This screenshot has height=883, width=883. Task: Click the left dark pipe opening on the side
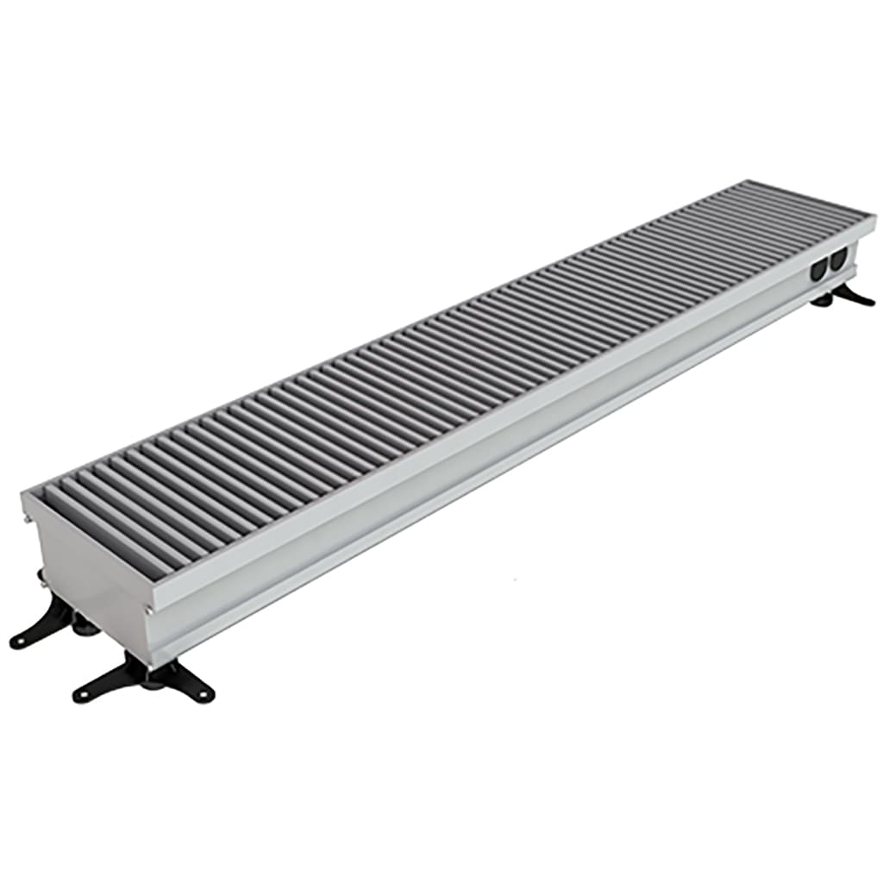coord(817,268)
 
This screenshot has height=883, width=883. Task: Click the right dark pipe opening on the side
coord(836,261)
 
